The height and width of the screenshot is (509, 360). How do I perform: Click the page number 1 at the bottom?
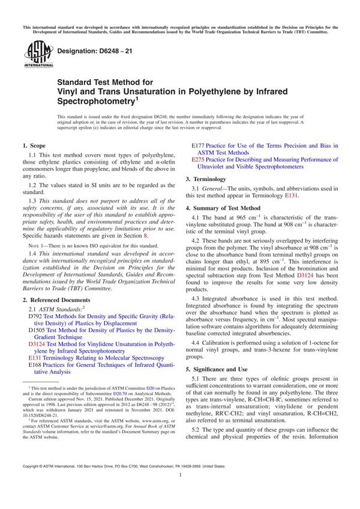(x=180, y=492)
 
